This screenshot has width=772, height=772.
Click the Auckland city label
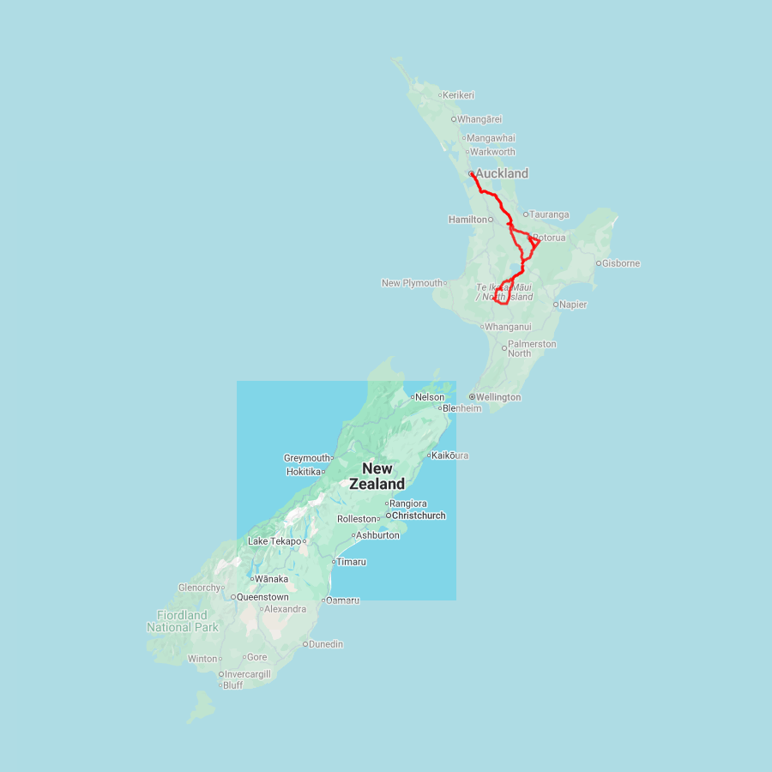coord(502,173)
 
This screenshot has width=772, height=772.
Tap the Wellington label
coord(498,397)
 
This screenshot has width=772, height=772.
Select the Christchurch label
coord(418,516)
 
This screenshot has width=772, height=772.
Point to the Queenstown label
coord(262,597)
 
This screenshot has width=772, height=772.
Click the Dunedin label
coord(326,644)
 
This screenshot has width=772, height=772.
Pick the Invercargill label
coord(247,674)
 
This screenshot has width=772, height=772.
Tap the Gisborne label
coord(621,263)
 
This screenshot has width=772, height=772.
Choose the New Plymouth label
coord(413,283)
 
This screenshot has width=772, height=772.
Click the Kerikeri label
coord(459,95)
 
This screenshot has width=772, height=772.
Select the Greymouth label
coord(307,458)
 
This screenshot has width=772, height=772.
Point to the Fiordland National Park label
coord(182,621)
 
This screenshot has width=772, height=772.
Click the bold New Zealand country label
coord(377,476)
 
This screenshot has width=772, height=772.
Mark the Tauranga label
coord(549,214)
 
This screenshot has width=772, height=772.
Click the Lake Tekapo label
coord(274,541)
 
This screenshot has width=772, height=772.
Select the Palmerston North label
coord(532,348)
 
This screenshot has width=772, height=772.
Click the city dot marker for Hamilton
coord(491,220)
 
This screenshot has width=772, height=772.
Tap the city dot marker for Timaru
coord(334,562)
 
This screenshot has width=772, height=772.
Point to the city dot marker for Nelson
coord(413,397)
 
